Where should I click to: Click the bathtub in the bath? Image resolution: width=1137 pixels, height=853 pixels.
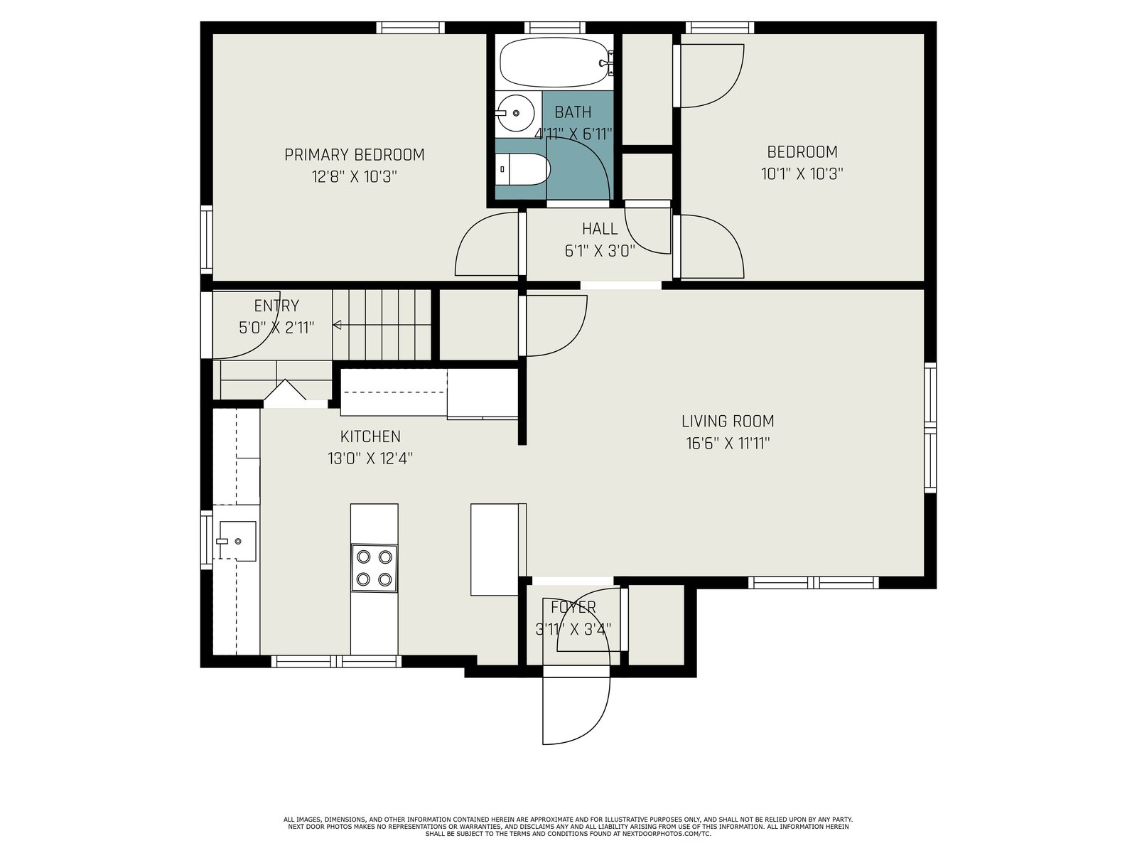point(554,62)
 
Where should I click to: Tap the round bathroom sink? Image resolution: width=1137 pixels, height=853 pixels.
point(515,113)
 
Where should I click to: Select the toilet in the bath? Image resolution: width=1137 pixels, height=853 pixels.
point(522,168)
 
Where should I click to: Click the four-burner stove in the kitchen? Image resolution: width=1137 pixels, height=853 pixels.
point(374,568)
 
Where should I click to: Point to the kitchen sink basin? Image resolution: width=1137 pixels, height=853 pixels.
point(238,541)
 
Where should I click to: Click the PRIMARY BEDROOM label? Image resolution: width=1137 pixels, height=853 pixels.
point(355,155)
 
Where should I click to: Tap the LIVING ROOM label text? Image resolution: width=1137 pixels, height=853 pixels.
point(728,422)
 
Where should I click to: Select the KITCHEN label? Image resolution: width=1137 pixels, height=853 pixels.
point(370,436)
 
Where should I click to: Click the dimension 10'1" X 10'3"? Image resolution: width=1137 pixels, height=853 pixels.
point(802,173)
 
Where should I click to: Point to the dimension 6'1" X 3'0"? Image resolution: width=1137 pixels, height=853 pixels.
point(600,251)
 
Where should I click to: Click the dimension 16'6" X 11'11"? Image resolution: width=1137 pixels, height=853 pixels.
point(728,444)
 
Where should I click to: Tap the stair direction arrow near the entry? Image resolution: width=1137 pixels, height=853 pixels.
point(382,326)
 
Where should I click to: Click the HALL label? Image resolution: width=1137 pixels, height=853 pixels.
point(600,229)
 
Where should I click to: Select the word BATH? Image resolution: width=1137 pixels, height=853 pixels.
point(573,112)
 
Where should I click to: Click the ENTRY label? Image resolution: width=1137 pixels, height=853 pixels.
point(276,306)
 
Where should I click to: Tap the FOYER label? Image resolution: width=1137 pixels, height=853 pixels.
point(573,607)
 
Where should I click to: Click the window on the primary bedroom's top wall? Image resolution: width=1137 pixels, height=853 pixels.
point(410,28)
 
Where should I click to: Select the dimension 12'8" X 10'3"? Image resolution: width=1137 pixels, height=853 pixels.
point(355,177)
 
